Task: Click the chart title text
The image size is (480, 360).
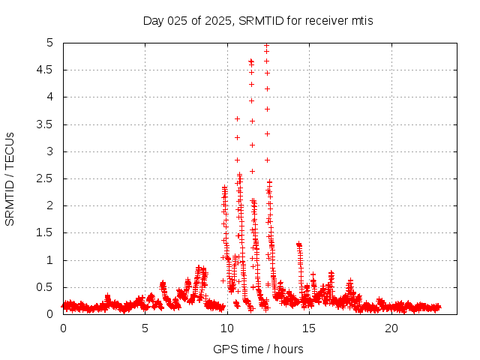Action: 258,20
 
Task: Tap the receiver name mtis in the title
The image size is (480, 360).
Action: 360,20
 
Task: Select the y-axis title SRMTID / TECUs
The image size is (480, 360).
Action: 10,178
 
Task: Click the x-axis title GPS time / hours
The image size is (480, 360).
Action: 258,349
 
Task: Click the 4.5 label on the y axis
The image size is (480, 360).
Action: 48,70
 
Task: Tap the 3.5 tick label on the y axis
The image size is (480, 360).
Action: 48,124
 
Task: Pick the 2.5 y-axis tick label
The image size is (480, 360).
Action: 48,178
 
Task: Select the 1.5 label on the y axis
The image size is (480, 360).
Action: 48,233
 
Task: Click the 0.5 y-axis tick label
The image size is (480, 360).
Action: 48,287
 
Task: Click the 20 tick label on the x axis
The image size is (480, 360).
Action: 391,328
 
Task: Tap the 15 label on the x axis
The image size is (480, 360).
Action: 309,328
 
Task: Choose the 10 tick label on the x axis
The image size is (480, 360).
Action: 227,328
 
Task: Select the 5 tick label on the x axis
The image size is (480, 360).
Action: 145,328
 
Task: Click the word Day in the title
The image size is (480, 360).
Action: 154,20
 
